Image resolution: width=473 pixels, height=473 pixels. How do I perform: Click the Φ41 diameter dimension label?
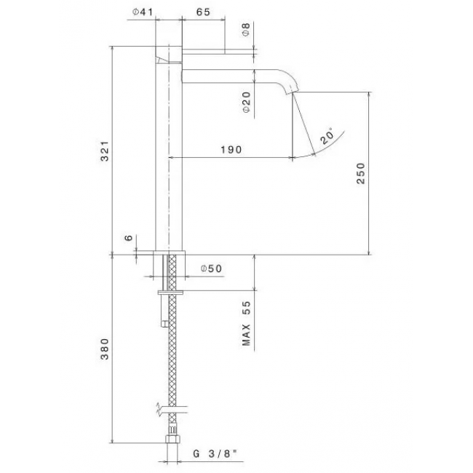click(x=143, y=12)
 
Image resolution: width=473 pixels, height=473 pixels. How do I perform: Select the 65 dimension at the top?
click(x=203, y=12)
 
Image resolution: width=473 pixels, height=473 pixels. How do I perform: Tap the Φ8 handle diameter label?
click(x=247, y=30)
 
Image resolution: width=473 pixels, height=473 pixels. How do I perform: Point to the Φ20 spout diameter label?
click(x=247, y=102)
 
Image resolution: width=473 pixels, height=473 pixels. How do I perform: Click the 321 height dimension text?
click(x=104, y=151)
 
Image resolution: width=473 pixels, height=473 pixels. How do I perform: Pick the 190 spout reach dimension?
click(x=231, y=149)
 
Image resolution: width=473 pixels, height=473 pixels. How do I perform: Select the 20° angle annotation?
click(x=327, y=136)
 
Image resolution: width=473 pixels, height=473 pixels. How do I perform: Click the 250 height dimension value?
click(x=360, y=173)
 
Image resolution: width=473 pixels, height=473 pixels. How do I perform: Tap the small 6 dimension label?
click(x=129, y=238)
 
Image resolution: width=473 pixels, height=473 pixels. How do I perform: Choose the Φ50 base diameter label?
click(x=211, y=269)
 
